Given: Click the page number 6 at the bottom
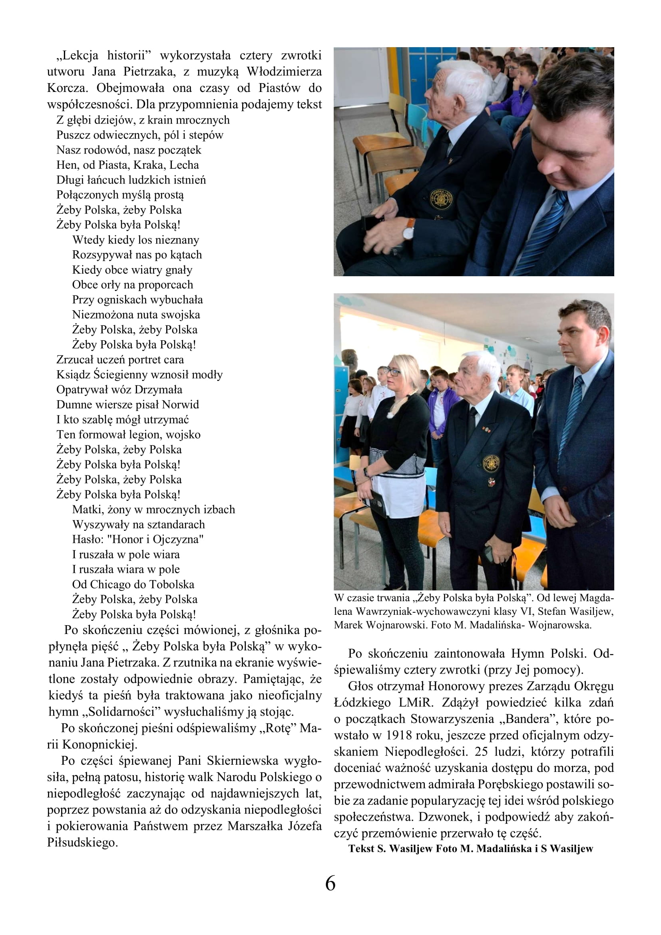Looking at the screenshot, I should tap(330, 884).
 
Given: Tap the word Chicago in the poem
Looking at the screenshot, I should tap(110, 584).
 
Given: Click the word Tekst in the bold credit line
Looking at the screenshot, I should tap(361, 849).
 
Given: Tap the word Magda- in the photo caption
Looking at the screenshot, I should tap(596, 598).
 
